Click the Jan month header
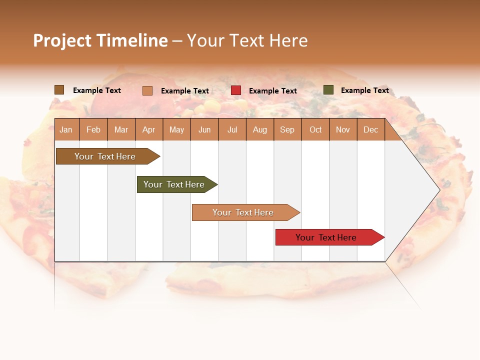pyautogui.click(x=66, y=130)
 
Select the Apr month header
pyautogui.click(x=148, y=130)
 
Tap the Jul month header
pyautogui.click(x=232, y=130)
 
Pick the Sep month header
pyautogui.click(x=287, y=130)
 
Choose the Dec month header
pyautogui.click(x=370, y=130)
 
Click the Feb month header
pyautogui.click(x=93, y=130)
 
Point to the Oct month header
pyautogui.click(x=315, y=130)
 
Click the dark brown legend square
pyautogui.click(x=59, y=90)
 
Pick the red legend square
pyautogui.click(x=236, y=90)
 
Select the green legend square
pyautogui.click(x=328, y=90)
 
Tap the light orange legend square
pyautogui.click(x=147, y=90)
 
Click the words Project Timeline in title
pyautogui.click(x=100, y=40)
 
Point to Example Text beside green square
pyautogui.click(x=364, y=90)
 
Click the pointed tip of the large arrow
pyautogui.click(x=438, y=189)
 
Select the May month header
pyautogui.click(x=176, y=130)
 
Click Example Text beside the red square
pyautogui.click(x=272, y=91)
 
